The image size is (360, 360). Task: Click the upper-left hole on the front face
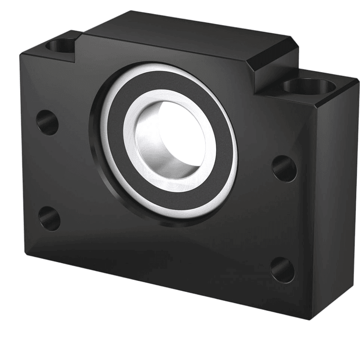click(48, 122)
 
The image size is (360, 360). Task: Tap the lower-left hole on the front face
click(49, 218)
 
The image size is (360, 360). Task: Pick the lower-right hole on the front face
click(283, 270)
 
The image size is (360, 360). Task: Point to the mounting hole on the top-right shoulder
click(308, 86)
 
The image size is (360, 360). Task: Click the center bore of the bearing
click(170, 140)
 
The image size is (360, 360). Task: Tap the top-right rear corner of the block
click(356, 80)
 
